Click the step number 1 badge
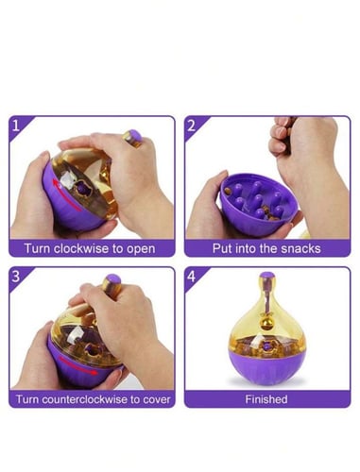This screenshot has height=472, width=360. coord(16,126)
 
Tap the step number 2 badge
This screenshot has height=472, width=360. coord(192,126)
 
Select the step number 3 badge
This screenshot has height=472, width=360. coord(16,277)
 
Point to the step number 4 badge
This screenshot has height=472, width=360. coord(192,277)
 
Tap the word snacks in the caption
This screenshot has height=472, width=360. coord(300,248)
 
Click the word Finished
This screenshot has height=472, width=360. coord(266,399)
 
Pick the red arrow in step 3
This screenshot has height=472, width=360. coord(77,365)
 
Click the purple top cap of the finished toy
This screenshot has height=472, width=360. coord(267,276)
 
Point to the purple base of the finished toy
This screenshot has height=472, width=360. coord(267,365)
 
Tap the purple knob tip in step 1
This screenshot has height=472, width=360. coord(136,136)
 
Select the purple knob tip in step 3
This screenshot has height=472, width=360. coord(113,279)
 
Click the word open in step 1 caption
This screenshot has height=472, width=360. coord(141,249)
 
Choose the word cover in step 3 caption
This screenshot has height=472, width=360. coord(157,399)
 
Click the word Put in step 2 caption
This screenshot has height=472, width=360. coord(220,248)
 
